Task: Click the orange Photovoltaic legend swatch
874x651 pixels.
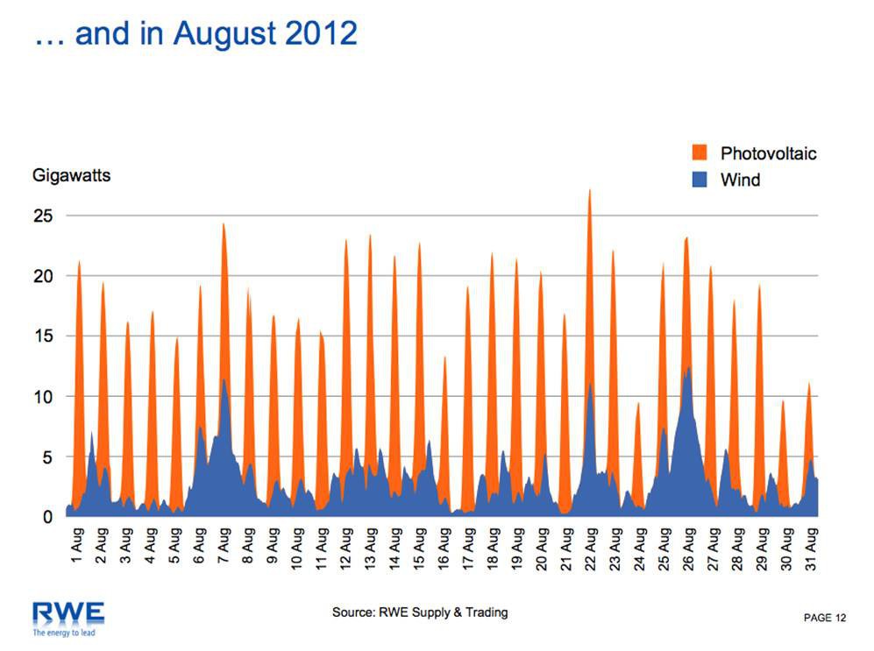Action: (700, 153)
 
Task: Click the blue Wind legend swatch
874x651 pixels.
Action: (700, 180)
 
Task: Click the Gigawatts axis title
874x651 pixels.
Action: (71, 175)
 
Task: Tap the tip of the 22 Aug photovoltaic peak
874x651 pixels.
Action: (590, 189)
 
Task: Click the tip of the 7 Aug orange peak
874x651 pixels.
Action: (224, 223)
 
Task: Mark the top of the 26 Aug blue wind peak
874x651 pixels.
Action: (690, 366)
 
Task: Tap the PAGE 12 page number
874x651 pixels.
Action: (825, 619)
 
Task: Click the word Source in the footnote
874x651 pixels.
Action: (352, 612)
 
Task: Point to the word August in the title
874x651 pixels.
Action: (227, 33)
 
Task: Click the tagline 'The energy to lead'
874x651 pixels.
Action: (63, 632)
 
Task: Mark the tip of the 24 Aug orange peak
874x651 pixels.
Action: (639, 403)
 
